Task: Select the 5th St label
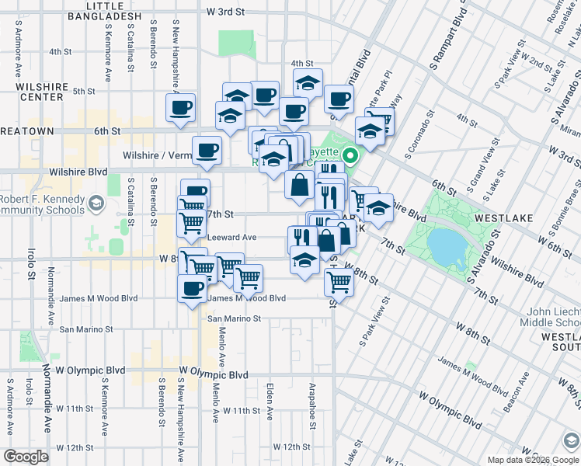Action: [83, 91]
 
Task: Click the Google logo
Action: [26, 457]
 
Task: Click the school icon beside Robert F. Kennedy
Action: [96, 203]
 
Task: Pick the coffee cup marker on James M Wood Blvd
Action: [193, 290]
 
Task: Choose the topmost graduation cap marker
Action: [308, 82]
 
